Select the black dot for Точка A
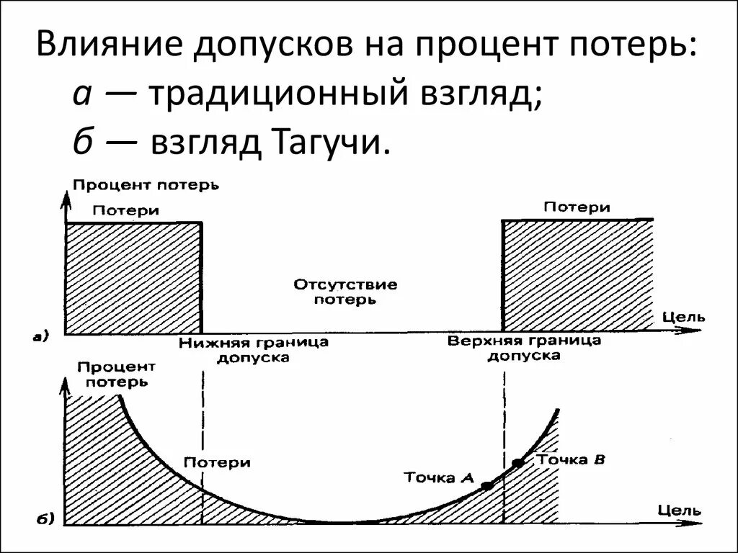[487, 486]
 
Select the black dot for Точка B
[517, 462]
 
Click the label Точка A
[438, 477]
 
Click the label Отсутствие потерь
[345, 292]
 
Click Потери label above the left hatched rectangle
[125, 210]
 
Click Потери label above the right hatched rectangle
[577, 207]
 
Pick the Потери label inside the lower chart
[217, 462]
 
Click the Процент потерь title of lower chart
[115, 374]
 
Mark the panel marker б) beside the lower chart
[41, 518]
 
